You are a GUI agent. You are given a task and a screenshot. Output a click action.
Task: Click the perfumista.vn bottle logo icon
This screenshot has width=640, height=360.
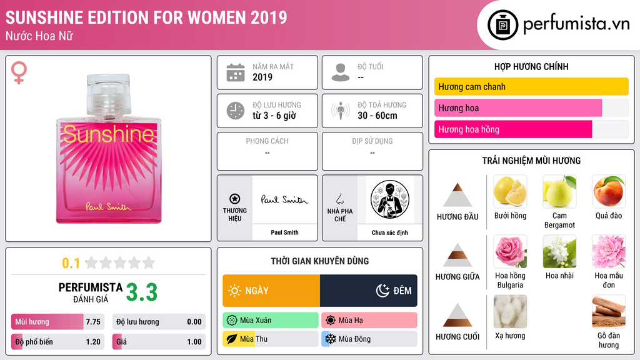502,25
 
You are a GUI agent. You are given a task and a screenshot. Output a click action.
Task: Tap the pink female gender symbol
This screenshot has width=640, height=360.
19,72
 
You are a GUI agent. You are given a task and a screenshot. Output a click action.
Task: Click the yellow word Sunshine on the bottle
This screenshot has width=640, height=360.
109,134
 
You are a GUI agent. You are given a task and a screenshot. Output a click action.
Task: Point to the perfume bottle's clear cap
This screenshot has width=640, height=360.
109,94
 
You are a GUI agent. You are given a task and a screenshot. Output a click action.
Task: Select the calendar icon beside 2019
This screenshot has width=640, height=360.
236,72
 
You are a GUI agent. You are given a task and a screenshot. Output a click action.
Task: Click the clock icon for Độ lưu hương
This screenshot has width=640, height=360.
236,111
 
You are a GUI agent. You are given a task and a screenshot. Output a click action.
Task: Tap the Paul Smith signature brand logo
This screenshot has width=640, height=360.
284,199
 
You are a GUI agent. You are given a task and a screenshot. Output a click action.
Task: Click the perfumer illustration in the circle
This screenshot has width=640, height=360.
390,199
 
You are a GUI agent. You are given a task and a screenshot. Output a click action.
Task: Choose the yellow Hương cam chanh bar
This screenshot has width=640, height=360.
531,86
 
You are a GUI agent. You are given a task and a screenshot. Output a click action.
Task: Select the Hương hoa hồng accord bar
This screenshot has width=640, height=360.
513,129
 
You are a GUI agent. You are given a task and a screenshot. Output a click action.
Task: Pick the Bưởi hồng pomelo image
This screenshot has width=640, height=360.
510,191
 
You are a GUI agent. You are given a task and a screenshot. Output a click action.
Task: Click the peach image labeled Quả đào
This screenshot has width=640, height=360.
609,191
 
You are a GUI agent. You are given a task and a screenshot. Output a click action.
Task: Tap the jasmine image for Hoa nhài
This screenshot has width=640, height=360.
559,251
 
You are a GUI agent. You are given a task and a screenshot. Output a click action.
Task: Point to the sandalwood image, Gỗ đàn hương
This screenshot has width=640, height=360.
609,311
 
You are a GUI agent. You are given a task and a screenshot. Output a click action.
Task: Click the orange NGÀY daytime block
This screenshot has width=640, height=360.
271,291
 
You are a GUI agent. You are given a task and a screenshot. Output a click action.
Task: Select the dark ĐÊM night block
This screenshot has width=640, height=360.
369,291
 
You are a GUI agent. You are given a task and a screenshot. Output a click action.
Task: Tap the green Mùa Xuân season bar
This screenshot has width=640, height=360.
271,321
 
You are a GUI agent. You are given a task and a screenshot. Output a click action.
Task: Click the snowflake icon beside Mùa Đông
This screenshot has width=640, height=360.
330,339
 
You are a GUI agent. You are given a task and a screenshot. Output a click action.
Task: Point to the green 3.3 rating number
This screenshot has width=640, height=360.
142,292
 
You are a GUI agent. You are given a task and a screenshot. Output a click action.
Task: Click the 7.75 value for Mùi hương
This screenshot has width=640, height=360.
93,322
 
